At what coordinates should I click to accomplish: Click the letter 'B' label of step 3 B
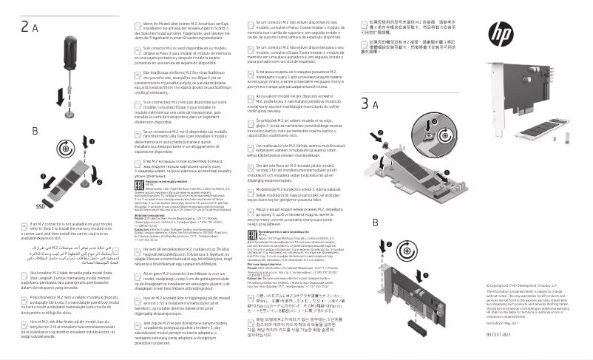point(376,223)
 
